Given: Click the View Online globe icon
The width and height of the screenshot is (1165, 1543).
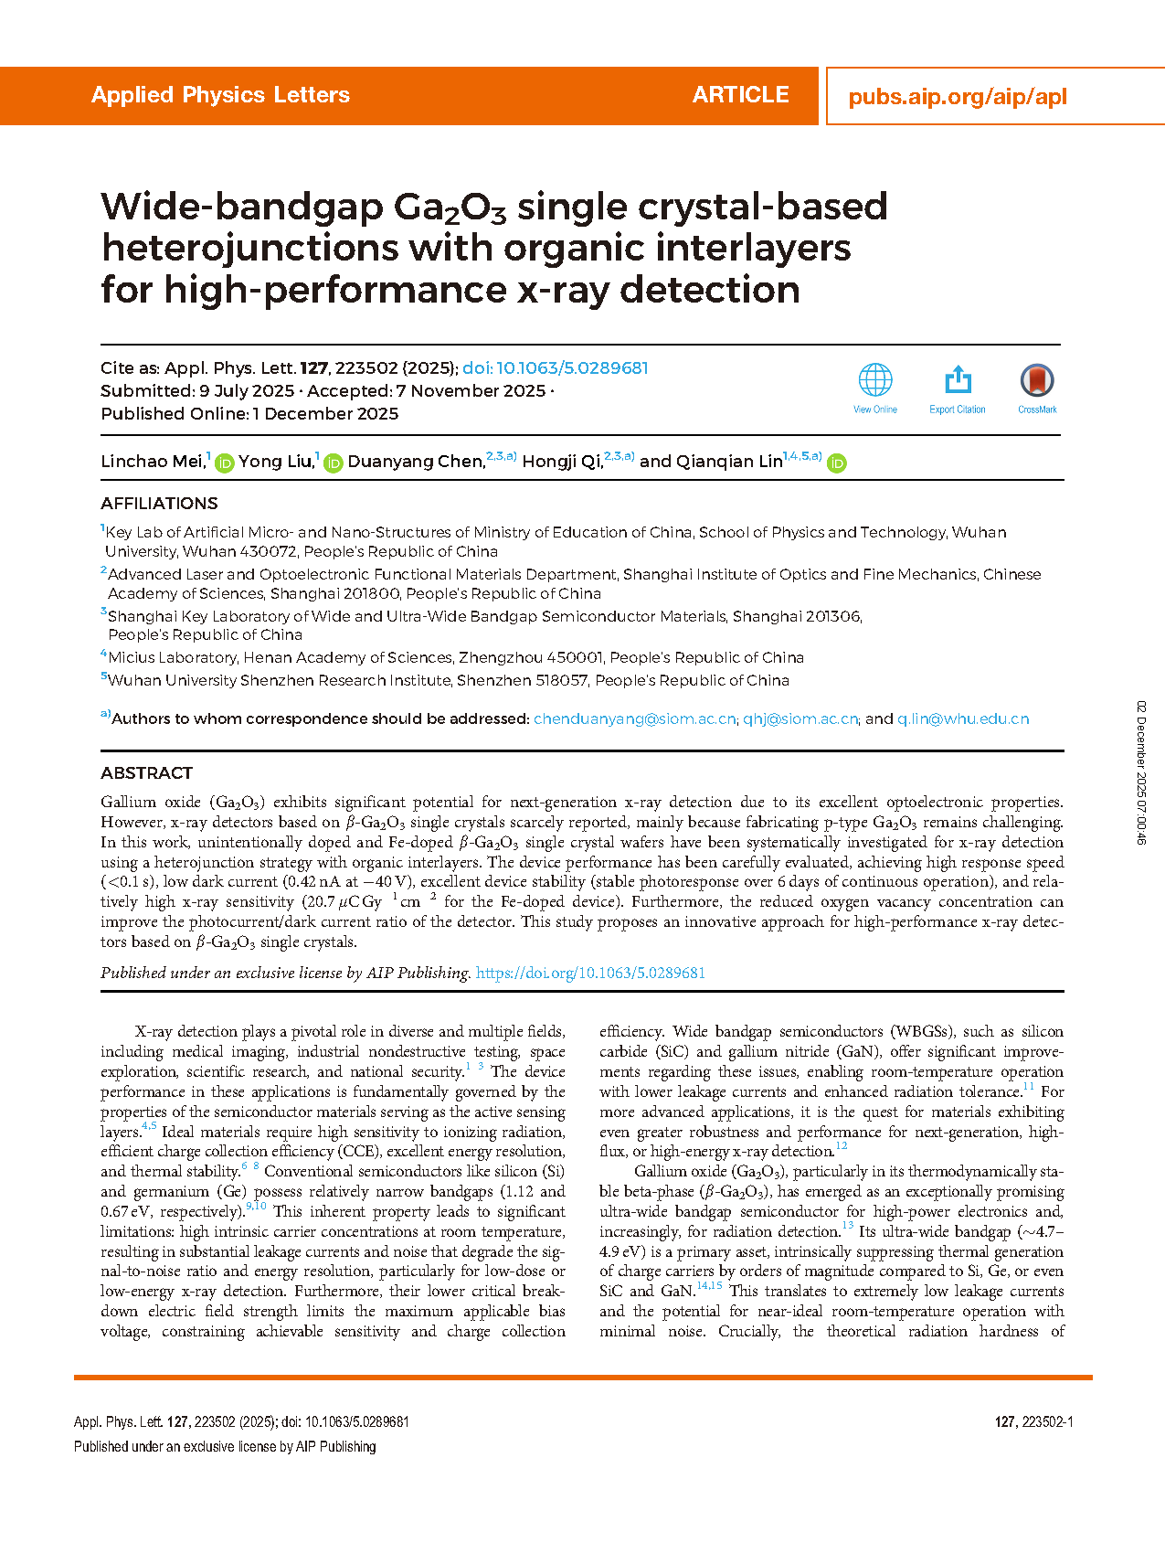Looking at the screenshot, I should tap(875, 380).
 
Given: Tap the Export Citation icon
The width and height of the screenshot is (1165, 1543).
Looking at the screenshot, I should tap(958, 380).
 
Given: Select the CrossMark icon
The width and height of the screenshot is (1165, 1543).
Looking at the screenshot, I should tap(1037, 380).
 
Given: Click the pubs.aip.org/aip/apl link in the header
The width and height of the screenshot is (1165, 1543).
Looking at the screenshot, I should tap(958, 97).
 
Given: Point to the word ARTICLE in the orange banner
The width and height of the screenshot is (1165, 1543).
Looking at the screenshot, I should tap(740, 95).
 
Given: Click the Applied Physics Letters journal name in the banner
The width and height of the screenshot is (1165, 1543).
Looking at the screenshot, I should tap(220, 95).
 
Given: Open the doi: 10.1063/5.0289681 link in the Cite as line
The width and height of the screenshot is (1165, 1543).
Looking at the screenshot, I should tap(556, 368).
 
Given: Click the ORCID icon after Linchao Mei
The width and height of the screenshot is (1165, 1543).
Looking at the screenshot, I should tap(224, 463).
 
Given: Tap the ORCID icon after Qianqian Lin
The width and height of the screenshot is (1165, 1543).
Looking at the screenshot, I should tap(836, 463).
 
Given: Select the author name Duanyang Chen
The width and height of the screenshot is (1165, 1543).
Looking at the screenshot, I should tap(416, 462).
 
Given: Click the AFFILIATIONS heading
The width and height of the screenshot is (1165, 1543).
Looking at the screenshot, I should tap(159, 504).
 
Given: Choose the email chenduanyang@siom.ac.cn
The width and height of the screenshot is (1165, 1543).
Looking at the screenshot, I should tap(634, 719).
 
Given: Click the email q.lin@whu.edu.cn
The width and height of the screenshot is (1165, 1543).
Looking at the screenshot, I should tap(963, 719).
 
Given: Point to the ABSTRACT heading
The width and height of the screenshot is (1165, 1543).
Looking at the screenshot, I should tap(146, 773).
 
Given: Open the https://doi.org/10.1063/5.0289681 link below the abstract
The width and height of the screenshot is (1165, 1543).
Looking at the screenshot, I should tap(590, 973).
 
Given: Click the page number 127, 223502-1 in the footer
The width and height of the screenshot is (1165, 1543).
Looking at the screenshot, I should tap(1033, 1421).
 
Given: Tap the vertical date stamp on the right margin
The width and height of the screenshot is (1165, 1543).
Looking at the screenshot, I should tap(1141, 772).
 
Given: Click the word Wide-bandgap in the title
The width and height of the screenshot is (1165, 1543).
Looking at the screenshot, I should tap(242, 207).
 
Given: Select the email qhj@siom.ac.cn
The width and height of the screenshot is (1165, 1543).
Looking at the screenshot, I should tap(800, 719).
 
